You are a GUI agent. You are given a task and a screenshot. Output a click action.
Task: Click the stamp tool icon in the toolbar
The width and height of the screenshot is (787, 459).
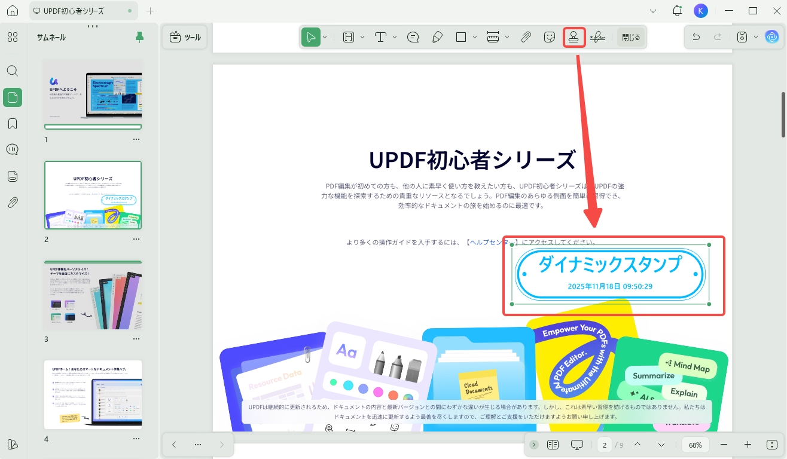[574, 37]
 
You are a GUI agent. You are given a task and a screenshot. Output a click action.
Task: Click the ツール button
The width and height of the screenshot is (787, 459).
[185, 37]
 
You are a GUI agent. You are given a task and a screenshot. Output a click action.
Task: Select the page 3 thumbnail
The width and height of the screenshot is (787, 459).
[93, 296]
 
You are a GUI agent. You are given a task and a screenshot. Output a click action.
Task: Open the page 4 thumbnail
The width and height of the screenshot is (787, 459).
[93, 394]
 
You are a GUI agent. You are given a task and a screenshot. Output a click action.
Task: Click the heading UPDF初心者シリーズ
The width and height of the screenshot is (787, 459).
[472, 160]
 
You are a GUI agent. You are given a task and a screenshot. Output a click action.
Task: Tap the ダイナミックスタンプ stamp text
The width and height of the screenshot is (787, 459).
[609, 264]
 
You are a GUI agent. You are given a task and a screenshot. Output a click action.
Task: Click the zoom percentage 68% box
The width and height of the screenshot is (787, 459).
[695, 445]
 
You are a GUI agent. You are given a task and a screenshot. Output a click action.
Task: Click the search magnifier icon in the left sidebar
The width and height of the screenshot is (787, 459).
[13, 71]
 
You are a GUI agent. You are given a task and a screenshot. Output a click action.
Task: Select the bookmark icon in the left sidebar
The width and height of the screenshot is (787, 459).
[13, 124]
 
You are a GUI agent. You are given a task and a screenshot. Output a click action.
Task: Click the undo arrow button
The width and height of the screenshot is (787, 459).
[696, 37]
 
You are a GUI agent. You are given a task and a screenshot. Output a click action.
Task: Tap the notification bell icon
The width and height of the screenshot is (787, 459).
[677, 11]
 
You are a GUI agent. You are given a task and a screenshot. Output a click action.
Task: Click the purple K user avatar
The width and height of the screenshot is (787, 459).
[701, 11]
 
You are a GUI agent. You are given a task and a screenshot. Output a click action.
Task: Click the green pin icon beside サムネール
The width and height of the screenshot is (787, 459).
[139, 37]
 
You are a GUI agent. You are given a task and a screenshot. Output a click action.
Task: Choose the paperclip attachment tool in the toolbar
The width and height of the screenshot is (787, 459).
[526, 37]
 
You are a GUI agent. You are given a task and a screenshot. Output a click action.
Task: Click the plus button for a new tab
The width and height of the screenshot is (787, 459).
[150, 11]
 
